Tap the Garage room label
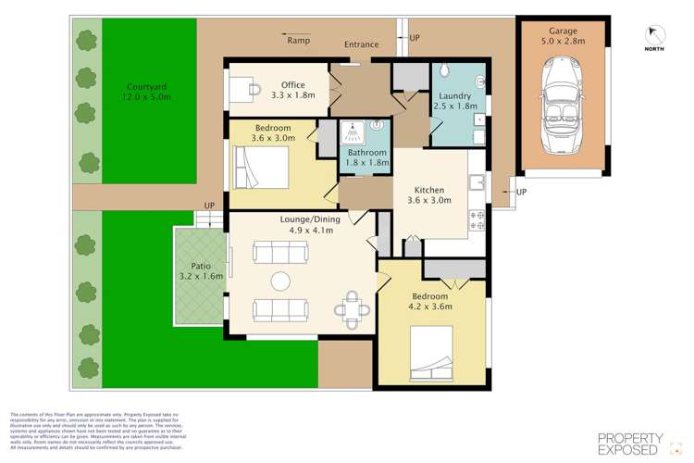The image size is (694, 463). [x=564, y=34]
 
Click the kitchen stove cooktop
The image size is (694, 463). [x=478, y=219]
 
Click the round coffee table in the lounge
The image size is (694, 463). [x=280, y=281]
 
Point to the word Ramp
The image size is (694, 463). [x=298, y=42]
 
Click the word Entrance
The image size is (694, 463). [x=360, y=44]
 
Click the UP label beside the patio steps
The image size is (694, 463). [x=210, y=206]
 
